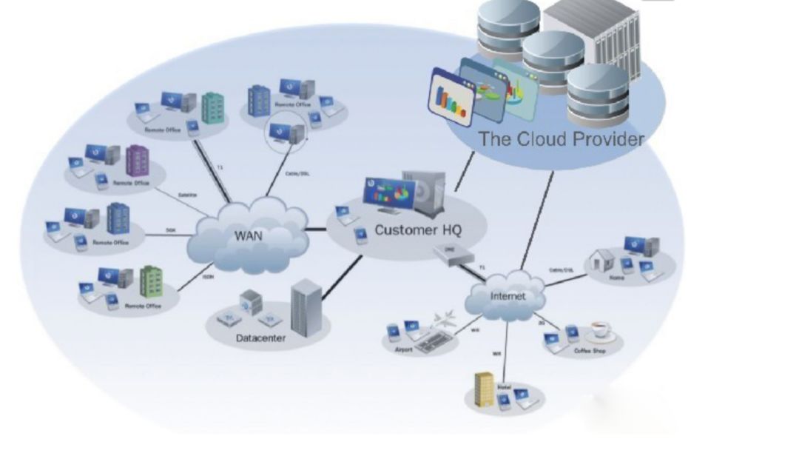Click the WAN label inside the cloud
(249, 236)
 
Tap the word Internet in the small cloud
(508, 296)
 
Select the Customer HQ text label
(418, 229)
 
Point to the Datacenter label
(261, 339)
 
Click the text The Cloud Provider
(561, 138)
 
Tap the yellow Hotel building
(483, 388)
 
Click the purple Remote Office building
(137, 161)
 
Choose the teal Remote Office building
(213, 108)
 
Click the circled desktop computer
(285, 132)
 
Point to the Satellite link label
(187, 195)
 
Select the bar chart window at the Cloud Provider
(451, 97)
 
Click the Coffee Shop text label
(589, 351)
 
